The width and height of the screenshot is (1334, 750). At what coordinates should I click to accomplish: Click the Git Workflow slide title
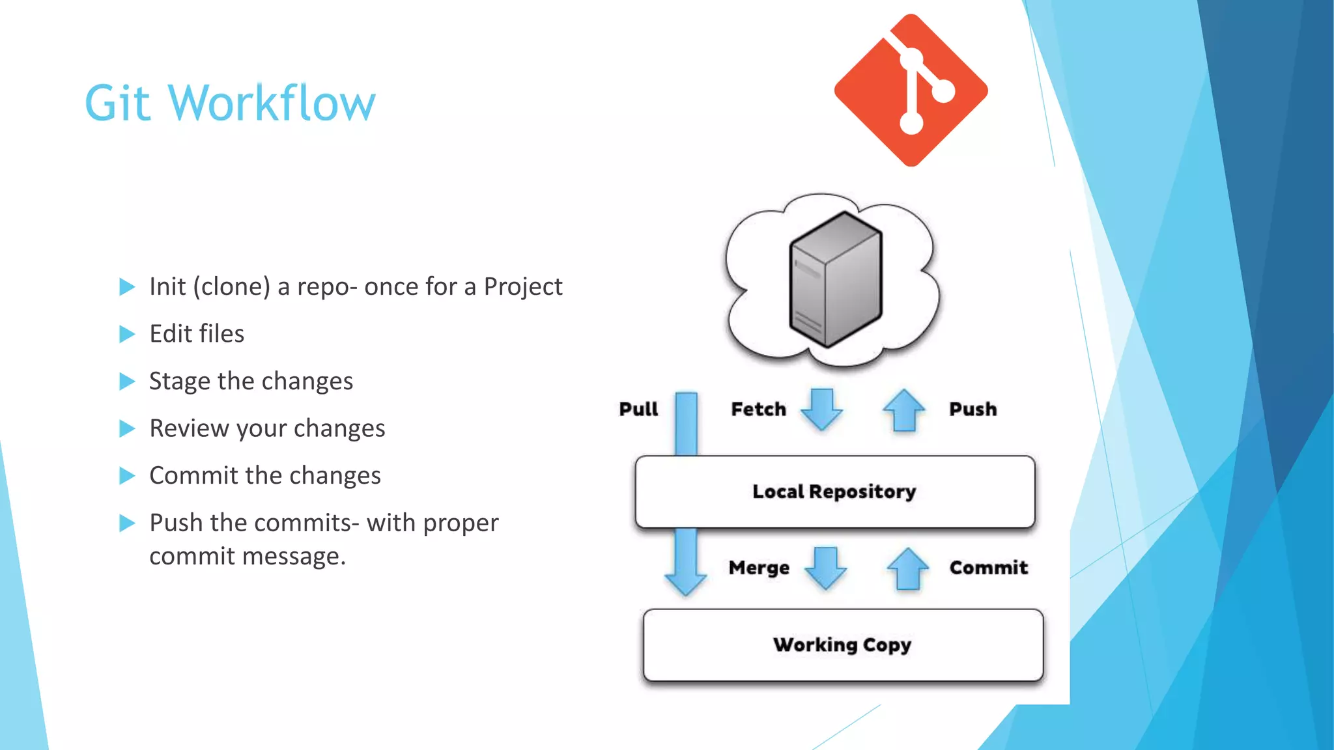coord(230,103)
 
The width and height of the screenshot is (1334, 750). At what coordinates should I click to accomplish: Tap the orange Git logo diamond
coord(911,90)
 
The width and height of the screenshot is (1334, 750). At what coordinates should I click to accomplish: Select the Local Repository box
coord(834,492)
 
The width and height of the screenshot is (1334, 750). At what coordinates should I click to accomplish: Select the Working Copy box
coord(842,645)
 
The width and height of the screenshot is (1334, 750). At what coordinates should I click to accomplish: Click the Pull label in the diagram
coord(638,409)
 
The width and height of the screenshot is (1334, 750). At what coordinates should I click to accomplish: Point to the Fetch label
coord(758,409)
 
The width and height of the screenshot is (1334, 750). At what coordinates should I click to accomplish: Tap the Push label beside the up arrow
coord(972,409)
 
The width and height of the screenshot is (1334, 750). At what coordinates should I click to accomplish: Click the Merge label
coord(759,568)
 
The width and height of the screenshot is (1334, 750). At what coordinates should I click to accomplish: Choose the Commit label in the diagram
coord(988,568)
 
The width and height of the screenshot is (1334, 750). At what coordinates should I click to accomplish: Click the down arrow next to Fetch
coord(821,410)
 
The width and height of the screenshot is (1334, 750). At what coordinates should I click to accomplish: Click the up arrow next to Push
coord(903,410)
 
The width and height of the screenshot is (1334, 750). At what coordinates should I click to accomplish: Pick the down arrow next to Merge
coord(825,568)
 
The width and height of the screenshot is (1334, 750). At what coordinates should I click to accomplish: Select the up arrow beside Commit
coord(907,568)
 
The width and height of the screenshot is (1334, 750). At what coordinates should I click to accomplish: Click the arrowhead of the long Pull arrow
coord(685,583)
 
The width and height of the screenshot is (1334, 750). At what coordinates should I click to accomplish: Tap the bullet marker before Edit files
coord(127,334)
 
